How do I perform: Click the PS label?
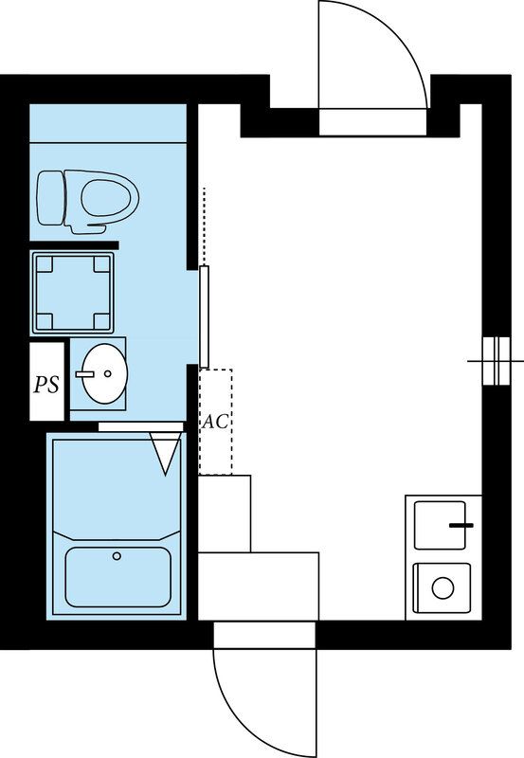click(x=46, y=385)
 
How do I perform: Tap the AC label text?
click(x=215, y=421)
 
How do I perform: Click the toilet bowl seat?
click(x=107, y=198)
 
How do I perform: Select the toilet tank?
click(x=50, y=198)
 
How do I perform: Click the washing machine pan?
click(x=73, y=293)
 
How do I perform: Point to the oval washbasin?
click(x=104, y=373)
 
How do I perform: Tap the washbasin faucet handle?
click(x=84, y=373)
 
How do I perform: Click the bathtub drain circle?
click(x=117, y=556)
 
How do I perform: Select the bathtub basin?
click(x=117, y=577)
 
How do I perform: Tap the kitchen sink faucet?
click(x=461, y=525)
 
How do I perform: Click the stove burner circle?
click(x=443, y=588)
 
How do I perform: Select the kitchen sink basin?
click(x=440, y=526)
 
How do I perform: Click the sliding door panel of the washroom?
click(x=205, y=316)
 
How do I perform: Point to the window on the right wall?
click(x=497, y=361)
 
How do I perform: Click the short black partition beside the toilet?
click(x=74, y=245)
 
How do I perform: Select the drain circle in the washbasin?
click(x=108, y=373)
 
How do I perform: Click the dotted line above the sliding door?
click(x=205, y=226)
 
